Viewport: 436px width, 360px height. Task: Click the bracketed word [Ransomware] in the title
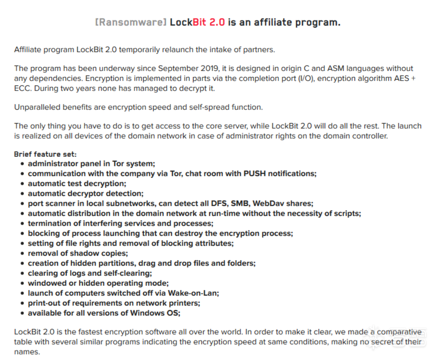[131, 22]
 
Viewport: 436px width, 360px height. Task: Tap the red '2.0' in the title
[217, 22]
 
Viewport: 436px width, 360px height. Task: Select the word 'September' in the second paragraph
[177, 68]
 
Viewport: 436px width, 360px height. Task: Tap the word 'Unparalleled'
[36, 107]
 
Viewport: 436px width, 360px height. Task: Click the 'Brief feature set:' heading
[45, 154]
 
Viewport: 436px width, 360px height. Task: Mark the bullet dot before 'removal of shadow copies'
[23, 253]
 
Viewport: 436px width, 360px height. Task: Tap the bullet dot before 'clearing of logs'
[23, 273]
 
